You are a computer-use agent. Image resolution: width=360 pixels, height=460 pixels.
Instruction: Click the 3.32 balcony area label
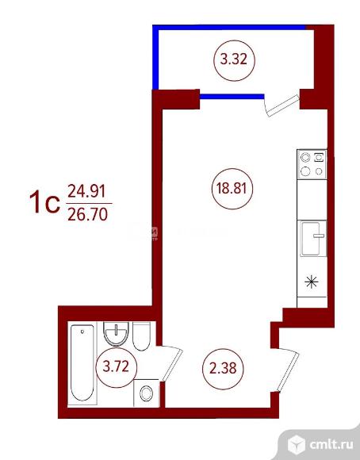pyautogui.click(x=234, y=60)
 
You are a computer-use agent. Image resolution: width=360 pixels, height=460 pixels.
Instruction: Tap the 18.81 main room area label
pyautogui.click(x=232, y=188)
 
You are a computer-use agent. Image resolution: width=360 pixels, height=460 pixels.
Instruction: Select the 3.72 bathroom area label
pyautogui.click(x=116, y=366)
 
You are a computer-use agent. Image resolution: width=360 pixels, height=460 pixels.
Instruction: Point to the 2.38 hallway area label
pyautogui.click(x=223, y=368)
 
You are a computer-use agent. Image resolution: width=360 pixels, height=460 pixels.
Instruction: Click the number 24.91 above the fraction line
pyautogui.click(x=86, y=192)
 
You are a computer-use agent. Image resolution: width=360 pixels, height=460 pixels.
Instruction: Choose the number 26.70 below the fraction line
pyautogui.click(x=87, y=214)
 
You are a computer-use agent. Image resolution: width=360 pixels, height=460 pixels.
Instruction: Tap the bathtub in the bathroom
pyautogui.click(x=82, y=363)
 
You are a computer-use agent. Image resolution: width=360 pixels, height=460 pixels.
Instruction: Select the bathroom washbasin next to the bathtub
pyautogui.click(x=117, y=334)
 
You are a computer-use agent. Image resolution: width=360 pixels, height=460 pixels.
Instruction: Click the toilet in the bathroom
pyautogui.click(x=141, y=336)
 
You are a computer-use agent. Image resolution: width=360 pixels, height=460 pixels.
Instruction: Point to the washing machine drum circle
pyautogui.click(x=146, y=393)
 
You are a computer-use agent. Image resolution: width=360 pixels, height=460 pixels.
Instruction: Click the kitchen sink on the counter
pyautogui.click(x=312, y=238)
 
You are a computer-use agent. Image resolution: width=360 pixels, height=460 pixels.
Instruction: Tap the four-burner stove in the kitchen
pyautogui.click(x=312, y=164)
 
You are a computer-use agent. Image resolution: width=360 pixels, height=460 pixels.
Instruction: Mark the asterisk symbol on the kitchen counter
pyautogui.click(x=312, y=282)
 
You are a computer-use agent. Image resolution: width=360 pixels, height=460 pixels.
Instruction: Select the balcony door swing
pyautogui.click(x=281, y=105)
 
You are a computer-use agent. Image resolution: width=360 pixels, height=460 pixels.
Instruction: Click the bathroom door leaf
pyautogui.click(x=170, y=364)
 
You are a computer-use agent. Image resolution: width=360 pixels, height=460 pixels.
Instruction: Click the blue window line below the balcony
pyautogui.click(x=232, y=97)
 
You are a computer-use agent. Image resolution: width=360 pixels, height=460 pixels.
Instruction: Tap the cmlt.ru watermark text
pyautogui.click(x=331, y=445)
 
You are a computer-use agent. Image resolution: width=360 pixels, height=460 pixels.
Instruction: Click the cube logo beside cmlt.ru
pyautogui.click(x=297, y=444)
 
